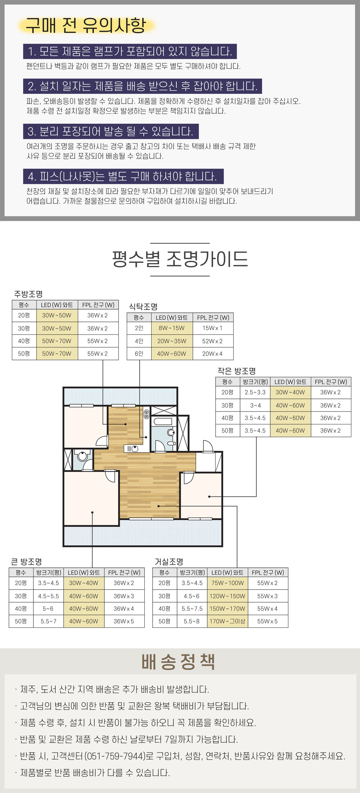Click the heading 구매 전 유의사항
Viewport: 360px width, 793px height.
coord(86,25)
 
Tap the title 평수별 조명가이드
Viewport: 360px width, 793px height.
coord(180,259)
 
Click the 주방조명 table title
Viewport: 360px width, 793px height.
coord(28,294)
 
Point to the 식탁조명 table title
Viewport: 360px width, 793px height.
coord(143,307)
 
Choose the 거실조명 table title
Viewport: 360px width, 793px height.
coord(169,562)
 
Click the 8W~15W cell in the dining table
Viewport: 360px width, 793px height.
coord(171,328)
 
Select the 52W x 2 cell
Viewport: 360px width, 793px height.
coord(212,341)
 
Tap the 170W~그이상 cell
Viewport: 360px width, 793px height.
coord(227,621)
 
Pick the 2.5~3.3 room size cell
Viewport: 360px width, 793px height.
coord(255,392)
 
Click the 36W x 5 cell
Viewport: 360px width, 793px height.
coord(124,621)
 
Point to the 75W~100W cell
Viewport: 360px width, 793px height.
coord(228,583)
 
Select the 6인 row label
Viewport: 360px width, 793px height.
coord(139,353)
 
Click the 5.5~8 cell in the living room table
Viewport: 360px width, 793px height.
coord(192,621)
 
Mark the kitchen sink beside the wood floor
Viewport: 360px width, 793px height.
coord(131,449)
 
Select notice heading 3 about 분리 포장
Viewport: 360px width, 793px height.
coord(111,131)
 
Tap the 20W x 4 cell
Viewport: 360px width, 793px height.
coord(212,353)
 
